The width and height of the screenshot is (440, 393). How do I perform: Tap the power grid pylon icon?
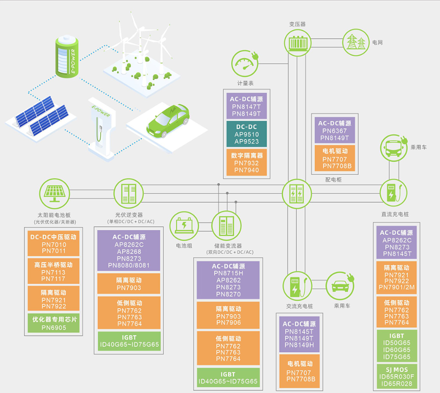356,42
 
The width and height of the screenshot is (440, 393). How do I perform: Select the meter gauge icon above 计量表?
245,63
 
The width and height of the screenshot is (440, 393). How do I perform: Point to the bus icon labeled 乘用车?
394,147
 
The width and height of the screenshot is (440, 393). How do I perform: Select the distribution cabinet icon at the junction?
296,193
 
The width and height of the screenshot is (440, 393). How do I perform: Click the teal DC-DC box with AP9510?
246,134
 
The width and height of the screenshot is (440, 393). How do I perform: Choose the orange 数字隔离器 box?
246,163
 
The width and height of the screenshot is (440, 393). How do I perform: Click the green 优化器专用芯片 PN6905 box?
53,323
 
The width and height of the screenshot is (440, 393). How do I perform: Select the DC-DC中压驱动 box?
53,244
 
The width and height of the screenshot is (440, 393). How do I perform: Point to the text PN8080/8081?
129,265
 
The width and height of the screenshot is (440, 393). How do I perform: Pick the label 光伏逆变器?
129,215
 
